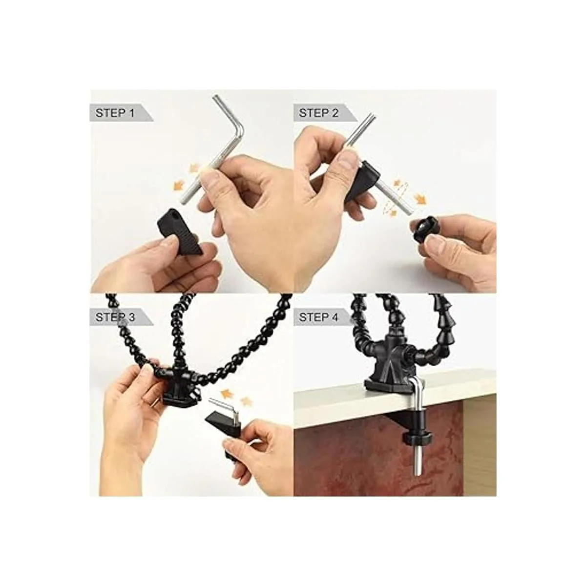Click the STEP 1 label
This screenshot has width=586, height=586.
tap(115, 113)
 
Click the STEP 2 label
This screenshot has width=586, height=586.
tap(319, 113)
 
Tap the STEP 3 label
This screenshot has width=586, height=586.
tap(115, 317)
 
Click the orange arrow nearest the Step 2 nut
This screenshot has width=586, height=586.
tap(421, 199)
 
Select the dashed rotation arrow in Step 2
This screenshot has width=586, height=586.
tap(391, 199)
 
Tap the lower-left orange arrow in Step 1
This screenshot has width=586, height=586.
tap(179, 186)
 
